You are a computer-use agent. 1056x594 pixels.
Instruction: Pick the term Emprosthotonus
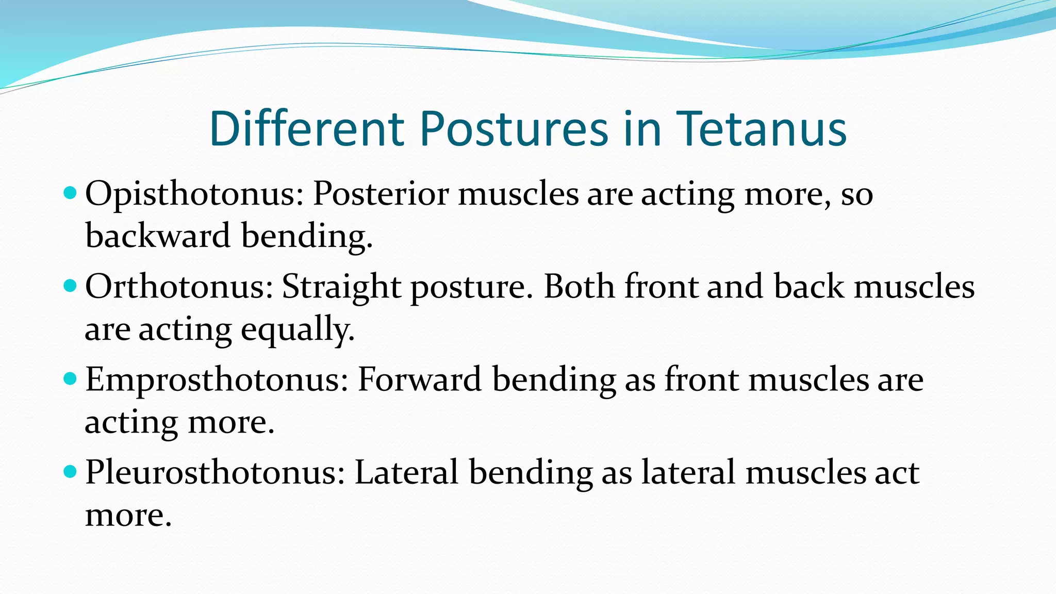(217, 380)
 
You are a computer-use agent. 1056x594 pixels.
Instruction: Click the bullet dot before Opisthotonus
(70, 194)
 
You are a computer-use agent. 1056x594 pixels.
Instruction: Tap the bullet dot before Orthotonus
(70, 286)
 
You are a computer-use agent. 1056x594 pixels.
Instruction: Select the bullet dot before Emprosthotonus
(70, 379)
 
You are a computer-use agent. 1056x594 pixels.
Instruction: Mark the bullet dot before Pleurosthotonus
(70, 471)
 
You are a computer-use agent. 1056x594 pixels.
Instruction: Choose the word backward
(158, 236)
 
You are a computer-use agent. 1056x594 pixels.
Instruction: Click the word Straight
(341, 287)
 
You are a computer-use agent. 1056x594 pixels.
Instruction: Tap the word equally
(298, 330)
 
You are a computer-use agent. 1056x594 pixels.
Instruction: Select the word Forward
(419, 380)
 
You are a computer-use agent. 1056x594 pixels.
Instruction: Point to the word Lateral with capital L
(406, 473)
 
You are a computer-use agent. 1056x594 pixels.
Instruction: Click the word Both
(579, 287)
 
